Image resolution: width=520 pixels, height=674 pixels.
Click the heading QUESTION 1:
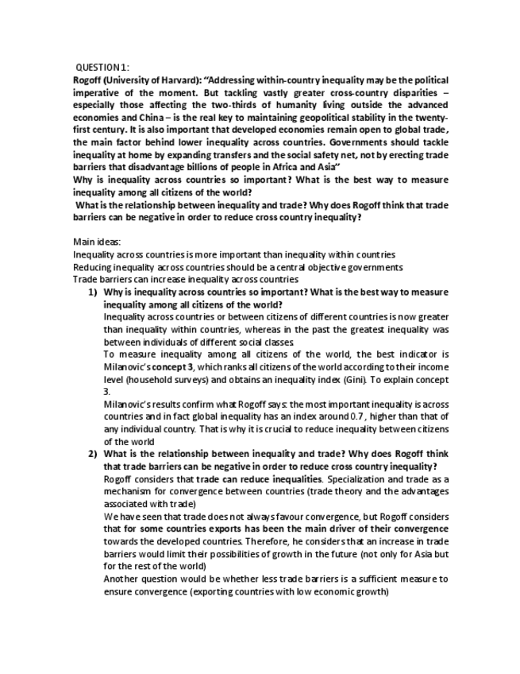pyautogui.click(x=102, y=68)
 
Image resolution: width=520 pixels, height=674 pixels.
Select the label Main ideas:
pyautogui.click(x=94, y=242)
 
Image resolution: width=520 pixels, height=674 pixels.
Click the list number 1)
pyautogui.click(x=93, y=292)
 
